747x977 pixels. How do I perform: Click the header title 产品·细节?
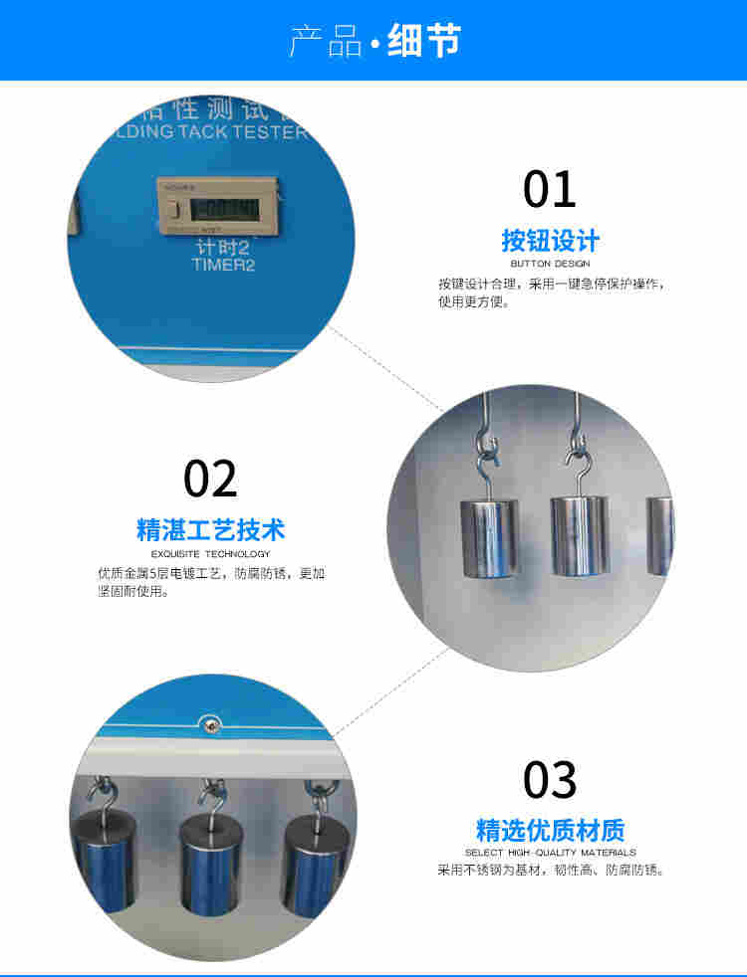coord(374,42)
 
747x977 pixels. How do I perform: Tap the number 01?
coord(550,189)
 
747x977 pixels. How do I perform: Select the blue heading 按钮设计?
coord(550,241)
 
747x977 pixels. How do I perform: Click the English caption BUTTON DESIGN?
coord(550,264)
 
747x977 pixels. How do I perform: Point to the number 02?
coord(210,479)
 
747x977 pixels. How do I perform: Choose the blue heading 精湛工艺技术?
coord(210,529)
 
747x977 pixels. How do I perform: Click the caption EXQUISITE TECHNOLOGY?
coord(210,553)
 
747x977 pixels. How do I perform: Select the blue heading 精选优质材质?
coord(550,830)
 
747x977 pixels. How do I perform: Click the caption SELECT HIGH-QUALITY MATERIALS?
coord(550,853)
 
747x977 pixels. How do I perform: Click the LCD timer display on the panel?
coord(222,209)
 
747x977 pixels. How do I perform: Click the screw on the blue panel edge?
coord(210,725)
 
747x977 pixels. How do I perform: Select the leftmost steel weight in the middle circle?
coord(489,537)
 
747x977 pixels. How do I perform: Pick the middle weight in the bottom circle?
coord(210,862)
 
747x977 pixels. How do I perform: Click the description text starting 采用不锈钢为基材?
coord(550,871)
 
